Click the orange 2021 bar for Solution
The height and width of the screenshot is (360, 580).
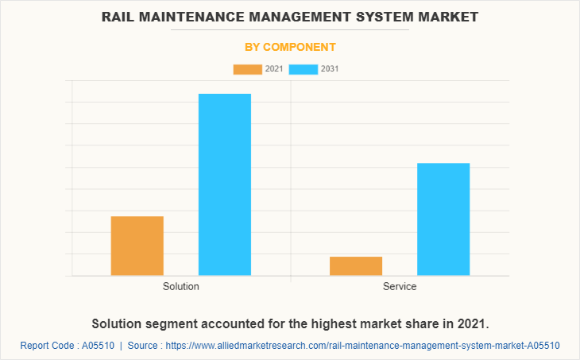click(137, 246)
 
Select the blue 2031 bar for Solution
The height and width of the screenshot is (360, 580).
click(225, 184)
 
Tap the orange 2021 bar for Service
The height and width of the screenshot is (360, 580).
click(356, 266)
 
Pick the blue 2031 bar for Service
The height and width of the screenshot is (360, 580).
click(443, 219)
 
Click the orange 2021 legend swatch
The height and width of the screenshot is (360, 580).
click(247, 70)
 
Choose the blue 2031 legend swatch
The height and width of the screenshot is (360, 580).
click(304, 70)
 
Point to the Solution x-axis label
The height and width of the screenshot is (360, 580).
click(181, 286)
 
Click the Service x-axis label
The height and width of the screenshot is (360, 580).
click(400, 286)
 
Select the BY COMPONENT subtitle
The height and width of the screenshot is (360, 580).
click(290, 47)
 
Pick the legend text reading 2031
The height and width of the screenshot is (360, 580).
click(331, 70)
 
